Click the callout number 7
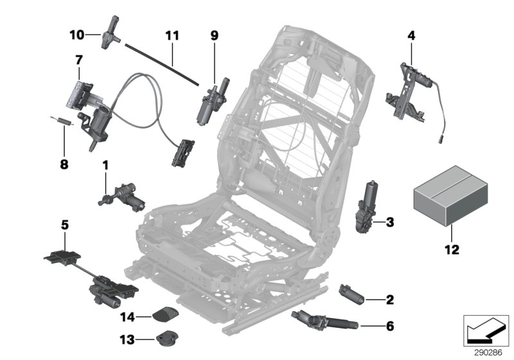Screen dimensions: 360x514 pyautogui.click(x=78, y=60)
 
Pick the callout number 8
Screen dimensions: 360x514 pyautogui.click(x=64, y=146)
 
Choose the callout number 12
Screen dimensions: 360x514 pyautogui.click(x=452, y=248)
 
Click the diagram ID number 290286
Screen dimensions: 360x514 pyautogui.click(x=486, y=353)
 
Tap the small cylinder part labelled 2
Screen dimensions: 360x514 pyautogui.click(x=352, y=297)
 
